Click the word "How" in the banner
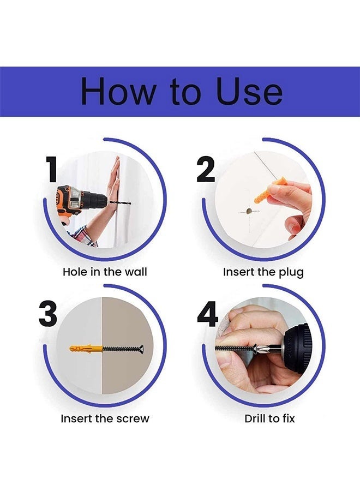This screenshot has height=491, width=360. point(118,91)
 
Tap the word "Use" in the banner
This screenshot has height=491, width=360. point(249,91)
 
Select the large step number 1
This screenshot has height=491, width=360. point(52,170)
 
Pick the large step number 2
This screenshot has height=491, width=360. point(206,170)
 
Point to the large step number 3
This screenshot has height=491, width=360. point(48,314)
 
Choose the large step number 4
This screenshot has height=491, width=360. point(207,314)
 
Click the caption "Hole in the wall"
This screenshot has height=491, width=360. point(105,272)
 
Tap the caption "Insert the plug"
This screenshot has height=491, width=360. point(263,272)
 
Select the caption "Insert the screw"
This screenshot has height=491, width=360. point(105,418)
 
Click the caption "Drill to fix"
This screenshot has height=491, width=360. point(269,418)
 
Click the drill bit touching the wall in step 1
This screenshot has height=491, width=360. point(119,204)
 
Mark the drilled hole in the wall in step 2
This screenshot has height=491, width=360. point(249,211)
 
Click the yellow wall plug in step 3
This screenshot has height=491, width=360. point(86,348)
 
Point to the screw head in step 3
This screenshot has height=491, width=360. point(141,348)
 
